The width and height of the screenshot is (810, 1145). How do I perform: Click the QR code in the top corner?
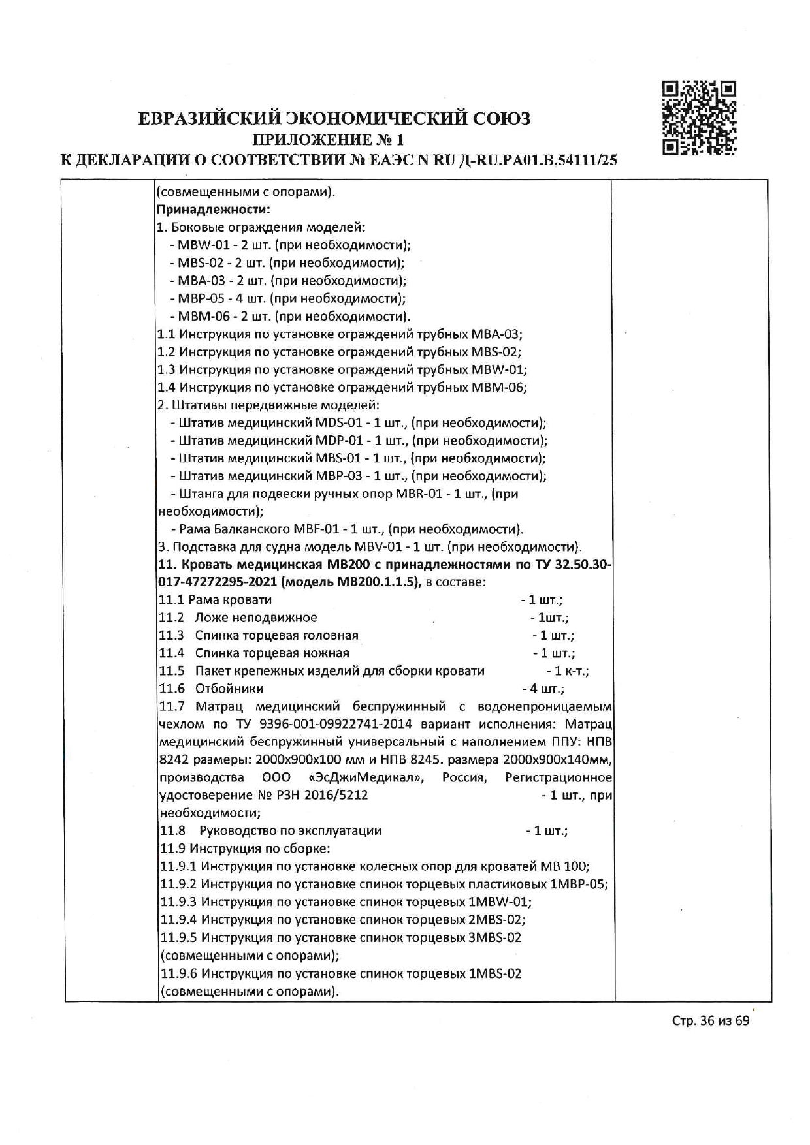(x=700, y=118)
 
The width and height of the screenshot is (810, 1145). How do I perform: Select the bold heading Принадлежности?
(x=214, y=210)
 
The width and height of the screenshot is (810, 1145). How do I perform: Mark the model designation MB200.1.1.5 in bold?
(x=375, y=582)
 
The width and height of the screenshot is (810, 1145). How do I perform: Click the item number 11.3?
(x=172, y=635)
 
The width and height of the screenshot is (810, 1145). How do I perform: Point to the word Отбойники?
(x=229, y=689)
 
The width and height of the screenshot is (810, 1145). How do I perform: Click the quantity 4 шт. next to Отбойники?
(x=547, y=689)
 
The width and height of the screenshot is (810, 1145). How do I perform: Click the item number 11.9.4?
(x=178, y=920)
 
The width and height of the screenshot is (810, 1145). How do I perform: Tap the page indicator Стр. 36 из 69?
(x=711, y=1021)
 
